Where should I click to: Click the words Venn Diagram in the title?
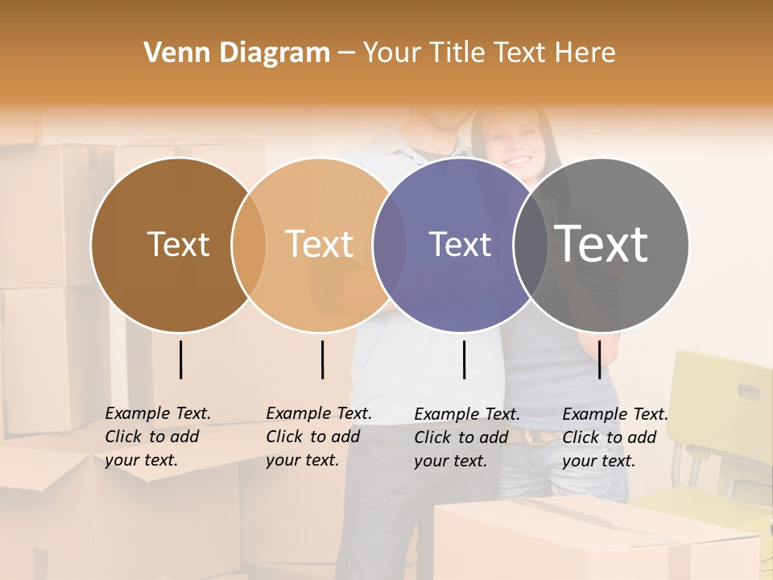coord(237,53)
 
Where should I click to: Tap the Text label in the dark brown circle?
coord(178,244)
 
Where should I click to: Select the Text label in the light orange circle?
coord(319,244)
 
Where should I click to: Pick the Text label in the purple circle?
coord(460,244)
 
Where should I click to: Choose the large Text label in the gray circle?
coord(601,243)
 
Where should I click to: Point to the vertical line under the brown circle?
coord(180,359)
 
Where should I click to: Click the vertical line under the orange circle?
coord(322,359)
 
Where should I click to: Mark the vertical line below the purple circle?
coord(464,359)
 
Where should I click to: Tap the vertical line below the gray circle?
coord(599,359)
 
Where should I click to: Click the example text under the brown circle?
coord(157,437)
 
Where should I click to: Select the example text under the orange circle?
coord(318,437)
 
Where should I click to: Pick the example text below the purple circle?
coord(466,437)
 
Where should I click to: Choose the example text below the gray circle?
coord(614,437)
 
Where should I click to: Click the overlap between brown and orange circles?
coord(249,245)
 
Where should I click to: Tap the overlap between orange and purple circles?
coord(390,245)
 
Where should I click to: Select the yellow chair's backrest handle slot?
coord(749,393)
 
